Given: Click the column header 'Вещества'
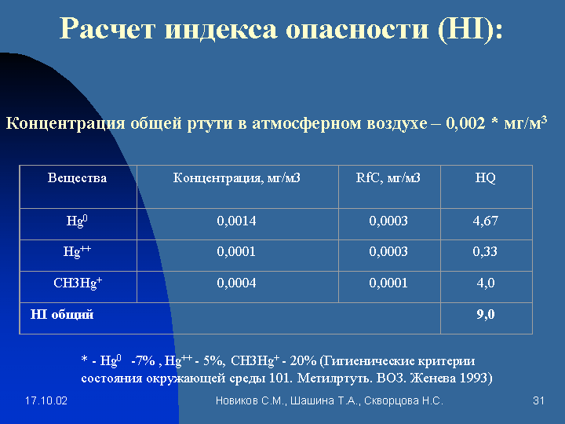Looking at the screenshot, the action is tap(77, 177).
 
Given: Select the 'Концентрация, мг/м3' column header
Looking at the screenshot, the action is tap(237, 177).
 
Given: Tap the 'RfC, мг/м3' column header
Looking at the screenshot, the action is tap(388, 177).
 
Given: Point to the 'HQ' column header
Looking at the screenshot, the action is tap(486, 177).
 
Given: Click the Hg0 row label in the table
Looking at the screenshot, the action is tap(77, 221).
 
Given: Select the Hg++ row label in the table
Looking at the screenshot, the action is tap(77, 250).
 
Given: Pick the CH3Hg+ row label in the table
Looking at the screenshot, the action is tap(78, 283).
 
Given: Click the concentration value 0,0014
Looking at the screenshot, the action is tap(236, 221).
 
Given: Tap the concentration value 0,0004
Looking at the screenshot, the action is tap(236, 283).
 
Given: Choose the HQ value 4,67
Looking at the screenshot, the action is tap(486, 221).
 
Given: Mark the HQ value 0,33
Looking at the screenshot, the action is tap(485, 251).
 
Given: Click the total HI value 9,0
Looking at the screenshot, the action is tap(486, 314).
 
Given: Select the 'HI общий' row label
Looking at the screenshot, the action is tap(62, 314).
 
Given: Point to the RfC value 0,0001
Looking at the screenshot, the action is tap(388, 283).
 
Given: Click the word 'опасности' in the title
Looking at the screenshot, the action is tap(357, 29).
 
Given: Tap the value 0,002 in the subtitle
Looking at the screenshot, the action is tap(465, 123).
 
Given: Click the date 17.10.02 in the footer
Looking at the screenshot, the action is tap(46, 401).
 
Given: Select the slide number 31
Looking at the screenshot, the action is tap(538, 401).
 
